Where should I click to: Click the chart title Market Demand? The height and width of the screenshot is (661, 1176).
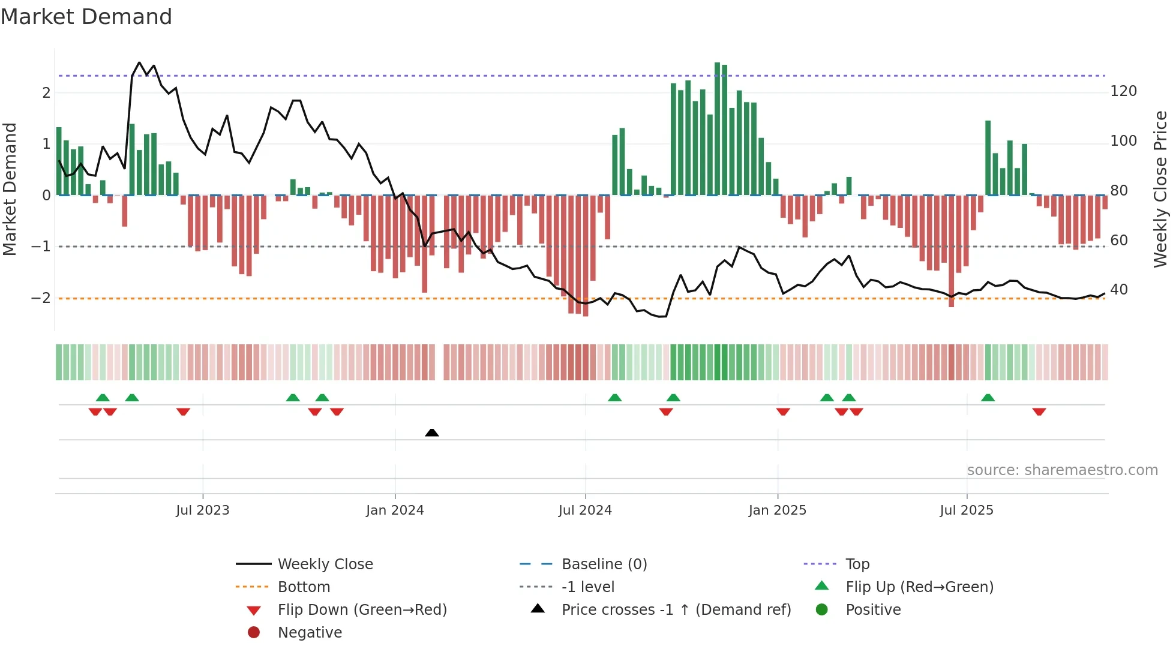(86, 17)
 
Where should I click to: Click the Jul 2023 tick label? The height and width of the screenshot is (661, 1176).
(202, 510)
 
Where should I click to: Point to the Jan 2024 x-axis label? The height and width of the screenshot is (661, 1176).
(395, 510)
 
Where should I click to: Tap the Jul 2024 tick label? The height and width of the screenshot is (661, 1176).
(585, 510)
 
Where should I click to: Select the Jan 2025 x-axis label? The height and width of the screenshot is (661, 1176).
(778, 510)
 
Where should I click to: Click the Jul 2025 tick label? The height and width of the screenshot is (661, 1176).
(967, 510)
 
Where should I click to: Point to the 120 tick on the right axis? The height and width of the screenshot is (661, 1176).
(1123, 91)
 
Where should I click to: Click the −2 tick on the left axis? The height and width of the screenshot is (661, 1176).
(41, 298)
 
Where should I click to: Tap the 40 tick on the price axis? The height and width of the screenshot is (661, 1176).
(1119, 290)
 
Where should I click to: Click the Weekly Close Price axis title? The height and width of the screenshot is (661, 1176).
(1160, 189)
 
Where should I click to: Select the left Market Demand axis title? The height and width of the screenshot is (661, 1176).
(10, 189)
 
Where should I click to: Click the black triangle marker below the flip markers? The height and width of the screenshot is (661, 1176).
(432, 432)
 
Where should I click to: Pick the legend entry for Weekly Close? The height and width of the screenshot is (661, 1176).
(325, 564)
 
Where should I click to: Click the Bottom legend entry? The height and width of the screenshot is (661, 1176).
(304, 587)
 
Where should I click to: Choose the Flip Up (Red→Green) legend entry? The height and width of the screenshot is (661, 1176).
(919, 587)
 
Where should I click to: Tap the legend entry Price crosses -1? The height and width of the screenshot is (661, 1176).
(676, 610)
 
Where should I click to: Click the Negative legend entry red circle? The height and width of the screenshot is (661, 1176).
(254, 633)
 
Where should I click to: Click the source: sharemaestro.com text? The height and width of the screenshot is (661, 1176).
(1062, 470)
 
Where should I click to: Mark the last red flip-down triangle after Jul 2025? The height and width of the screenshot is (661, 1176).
(1039, 411)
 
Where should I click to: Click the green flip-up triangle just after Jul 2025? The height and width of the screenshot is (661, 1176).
(988, 398)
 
